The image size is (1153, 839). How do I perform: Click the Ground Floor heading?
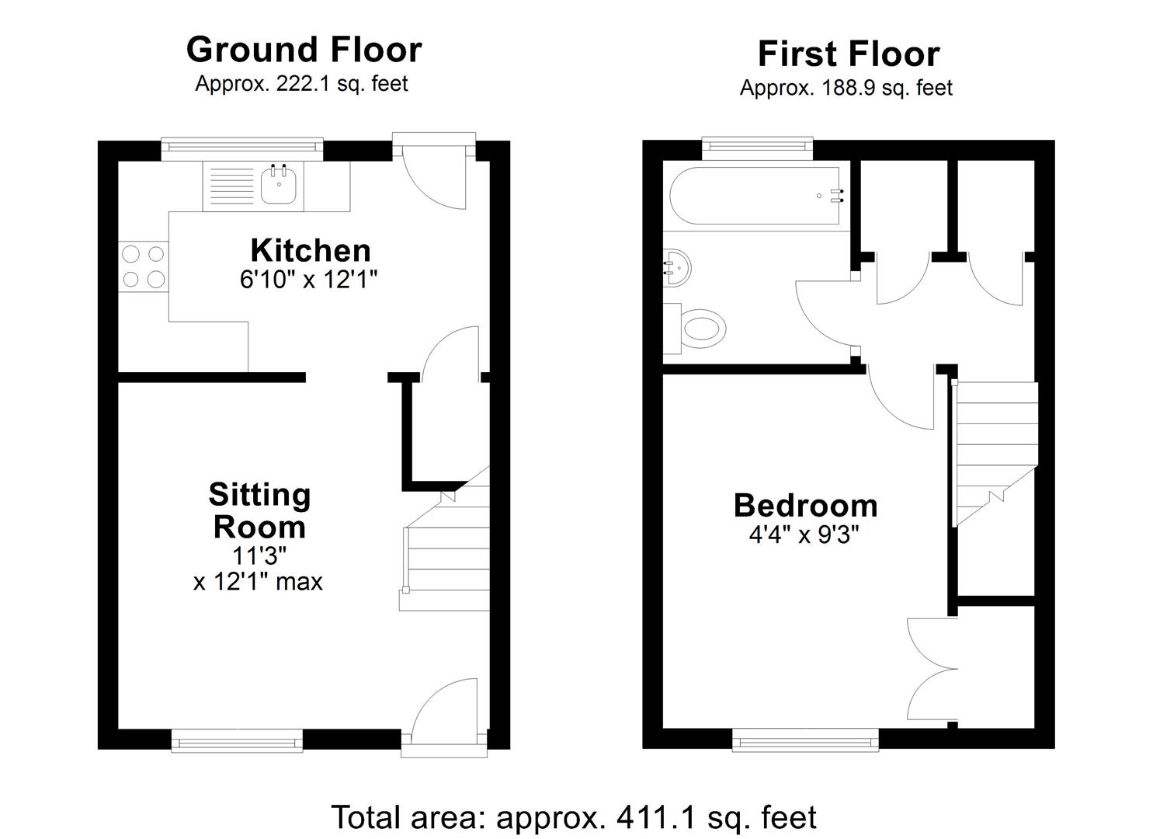[304, 50]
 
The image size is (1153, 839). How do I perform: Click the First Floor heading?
[848, 54]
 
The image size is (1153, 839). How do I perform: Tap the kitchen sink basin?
[279, 186]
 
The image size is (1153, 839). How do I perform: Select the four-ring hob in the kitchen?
[144, 266]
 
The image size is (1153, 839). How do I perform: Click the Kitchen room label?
[310, 251]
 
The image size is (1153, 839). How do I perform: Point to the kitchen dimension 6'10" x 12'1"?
[308, 280]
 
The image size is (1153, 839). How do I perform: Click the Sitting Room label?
[259, 510]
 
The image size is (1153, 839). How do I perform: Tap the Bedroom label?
[805, 506]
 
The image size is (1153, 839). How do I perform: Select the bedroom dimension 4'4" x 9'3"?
[805, 535]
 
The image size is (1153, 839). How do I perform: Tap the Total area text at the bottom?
[573, 817]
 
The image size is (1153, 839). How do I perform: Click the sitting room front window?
[237, 740]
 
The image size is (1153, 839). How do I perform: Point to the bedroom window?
[805, 740]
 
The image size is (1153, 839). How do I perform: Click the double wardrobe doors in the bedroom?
[932, 668]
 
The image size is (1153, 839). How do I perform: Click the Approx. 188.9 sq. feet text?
[846, 89]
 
